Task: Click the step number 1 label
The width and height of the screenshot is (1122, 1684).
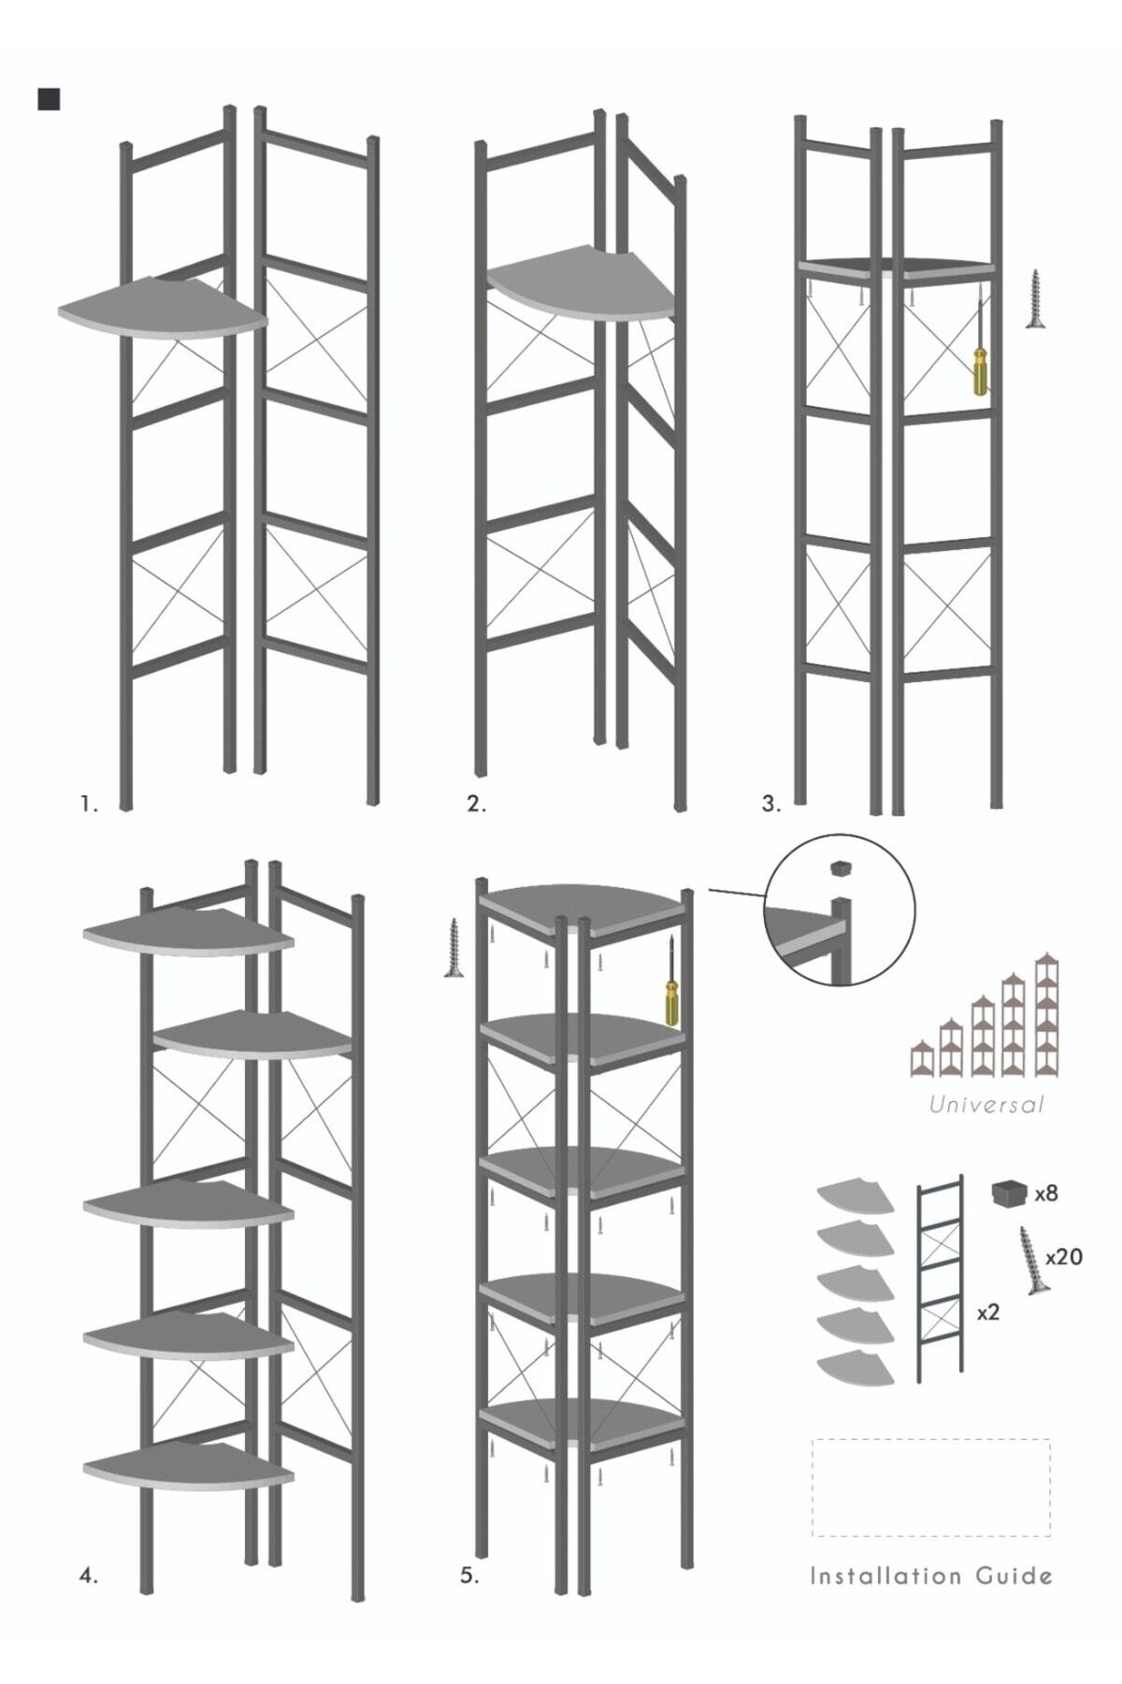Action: [x=89, y=804]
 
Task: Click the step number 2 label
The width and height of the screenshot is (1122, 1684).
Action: [x=477, y=804]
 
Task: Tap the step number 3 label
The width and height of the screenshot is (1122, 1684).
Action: [x=770, y=804]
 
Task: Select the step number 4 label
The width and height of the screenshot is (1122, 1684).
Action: [x=88, y=1575]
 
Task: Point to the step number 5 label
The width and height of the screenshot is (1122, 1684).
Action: [x=469, y=1575]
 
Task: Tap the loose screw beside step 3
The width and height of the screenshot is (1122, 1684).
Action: [x=1035, y=298]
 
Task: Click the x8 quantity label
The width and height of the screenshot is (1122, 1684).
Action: [x=1046, y=1194]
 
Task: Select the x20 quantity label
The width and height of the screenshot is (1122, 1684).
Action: [x=1064, y=1257]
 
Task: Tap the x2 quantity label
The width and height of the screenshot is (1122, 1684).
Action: [x=988, y=1313]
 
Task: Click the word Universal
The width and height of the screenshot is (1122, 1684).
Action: [x=986, y=1105]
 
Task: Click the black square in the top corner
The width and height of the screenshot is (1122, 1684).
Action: [x=49, y=99]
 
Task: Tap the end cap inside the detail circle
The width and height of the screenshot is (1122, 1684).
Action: [x=841, y=867]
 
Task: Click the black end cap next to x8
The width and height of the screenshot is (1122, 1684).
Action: [x=1008, y=1195]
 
